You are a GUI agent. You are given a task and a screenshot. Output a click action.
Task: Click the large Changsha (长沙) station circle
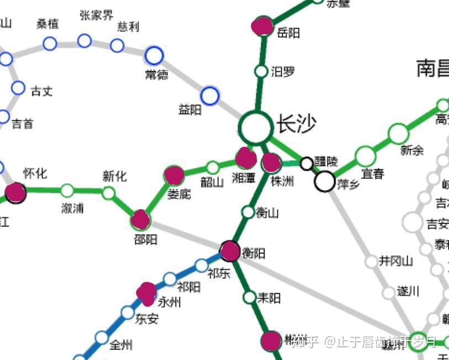[x=256, y=128]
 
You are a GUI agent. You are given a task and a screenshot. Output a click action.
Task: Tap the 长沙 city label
[x=296, y=124]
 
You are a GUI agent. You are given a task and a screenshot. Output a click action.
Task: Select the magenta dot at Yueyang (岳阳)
[x=262, y=26]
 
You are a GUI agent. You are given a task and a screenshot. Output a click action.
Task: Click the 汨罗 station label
[x=283, y=72]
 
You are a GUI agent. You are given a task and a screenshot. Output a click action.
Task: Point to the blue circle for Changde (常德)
[x=154, y=55]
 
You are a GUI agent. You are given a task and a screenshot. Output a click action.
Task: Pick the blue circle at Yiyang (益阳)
[x=210, y=96]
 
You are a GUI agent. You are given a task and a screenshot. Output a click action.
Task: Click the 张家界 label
[x=96, y=15]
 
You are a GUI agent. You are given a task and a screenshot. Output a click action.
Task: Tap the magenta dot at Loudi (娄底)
[x=174, y=175]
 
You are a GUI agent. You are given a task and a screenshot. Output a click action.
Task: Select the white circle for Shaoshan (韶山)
[x=213, y=167]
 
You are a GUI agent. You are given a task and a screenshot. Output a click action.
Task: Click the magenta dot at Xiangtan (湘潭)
[x=246, y=158]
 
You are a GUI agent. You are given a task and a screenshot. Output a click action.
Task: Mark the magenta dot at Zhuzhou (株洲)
[x=271, y=162]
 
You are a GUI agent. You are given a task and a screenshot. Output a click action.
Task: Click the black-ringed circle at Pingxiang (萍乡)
[x=325, y=181]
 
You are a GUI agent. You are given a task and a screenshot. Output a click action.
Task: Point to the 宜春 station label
[x=373, y=174]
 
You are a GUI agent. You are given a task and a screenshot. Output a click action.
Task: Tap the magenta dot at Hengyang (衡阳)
[x=230, y=251]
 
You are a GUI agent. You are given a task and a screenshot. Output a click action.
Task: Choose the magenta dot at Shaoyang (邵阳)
[x=141, y=220]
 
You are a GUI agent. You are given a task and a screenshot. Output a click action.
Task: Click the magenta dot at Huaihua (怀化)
[x=15, y=193]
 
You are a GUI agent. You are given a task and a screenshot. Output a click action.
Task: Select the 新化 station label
[x=114, y=176]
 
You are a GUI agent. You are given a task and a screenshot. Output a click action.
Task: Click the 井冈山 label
[x=396, y=261]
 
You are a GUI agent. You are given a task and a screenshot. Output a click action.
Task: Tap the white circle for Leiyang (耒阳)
[x=250, y=297]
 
